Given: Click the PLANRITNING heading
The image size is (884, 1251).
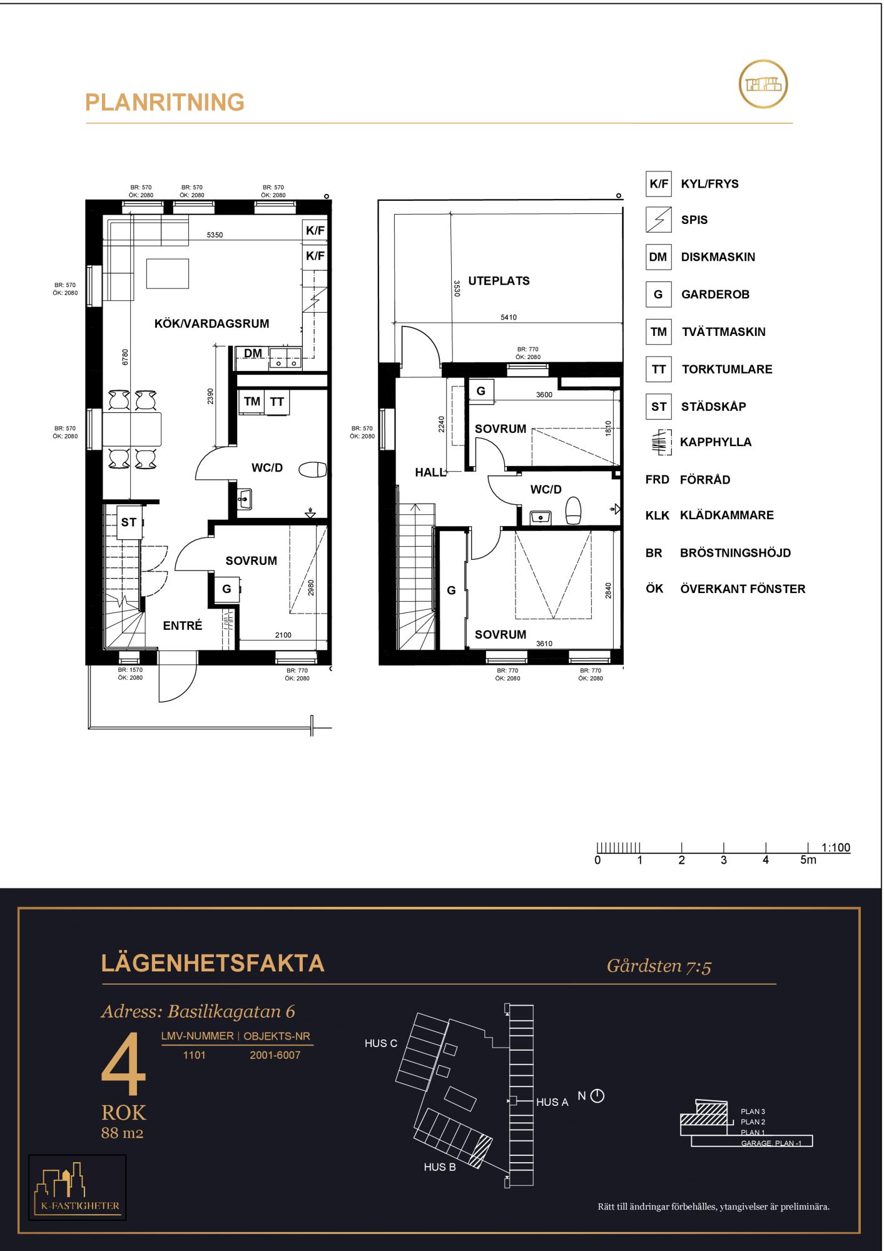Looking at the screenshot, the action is [x=165, y=102].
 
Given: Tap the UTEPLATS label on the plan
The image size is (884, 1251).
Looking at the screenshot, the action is [x=499, y=281].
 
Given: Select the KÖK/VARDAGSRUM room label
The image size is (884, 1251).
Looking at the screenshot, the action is [x=211, y=323].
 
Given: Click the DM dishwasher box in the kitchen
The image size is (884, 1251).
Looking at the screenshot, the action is [x=253, y=354].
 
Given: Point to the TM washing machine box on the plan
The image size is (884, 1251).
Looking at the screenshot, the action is [x=252, y=402].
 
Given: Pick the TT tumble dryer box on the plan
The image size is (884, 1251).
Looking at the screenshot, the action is [x=277, y=402].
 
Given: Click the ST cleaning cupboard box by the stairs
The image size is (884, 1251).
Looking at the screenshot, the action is [x=129, y=522].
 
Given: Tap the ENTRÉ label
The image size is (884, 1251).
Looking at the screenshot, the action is [x=183, y=625].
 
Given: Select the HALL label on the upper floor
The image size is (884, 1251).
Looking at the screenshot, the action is [x=430, y=473].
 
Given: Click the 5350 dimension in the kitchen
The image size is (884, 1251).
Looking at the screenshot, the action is [x=215, y=235].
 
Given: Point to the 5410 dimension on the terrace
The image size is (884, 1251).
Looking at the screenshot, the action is [x=509, y=317].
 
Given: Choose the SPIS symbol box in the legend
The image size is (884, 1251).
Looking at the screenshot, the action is [x=658, y=220].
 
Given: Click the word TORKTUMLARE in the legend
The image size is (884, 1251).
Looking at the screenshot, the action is [x=727, y=369].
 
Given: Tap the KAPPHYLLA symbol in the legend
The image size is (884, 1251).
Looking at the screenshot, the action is [x=659, y=442].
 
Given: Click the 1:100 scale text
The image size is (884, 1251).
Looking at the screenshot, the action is [x=836, y=848].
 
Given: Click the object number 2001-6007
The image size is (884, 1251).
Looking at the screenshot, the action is [x=275, y=1055].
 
